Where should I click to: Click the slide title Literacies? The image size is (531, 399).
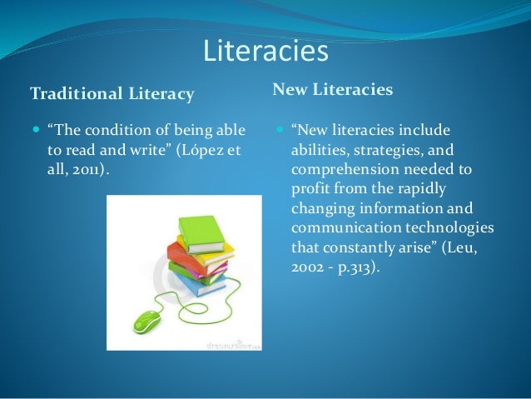tap(265, 52)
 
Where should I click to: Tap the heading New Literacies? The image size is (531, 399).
tap(333, 87)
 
